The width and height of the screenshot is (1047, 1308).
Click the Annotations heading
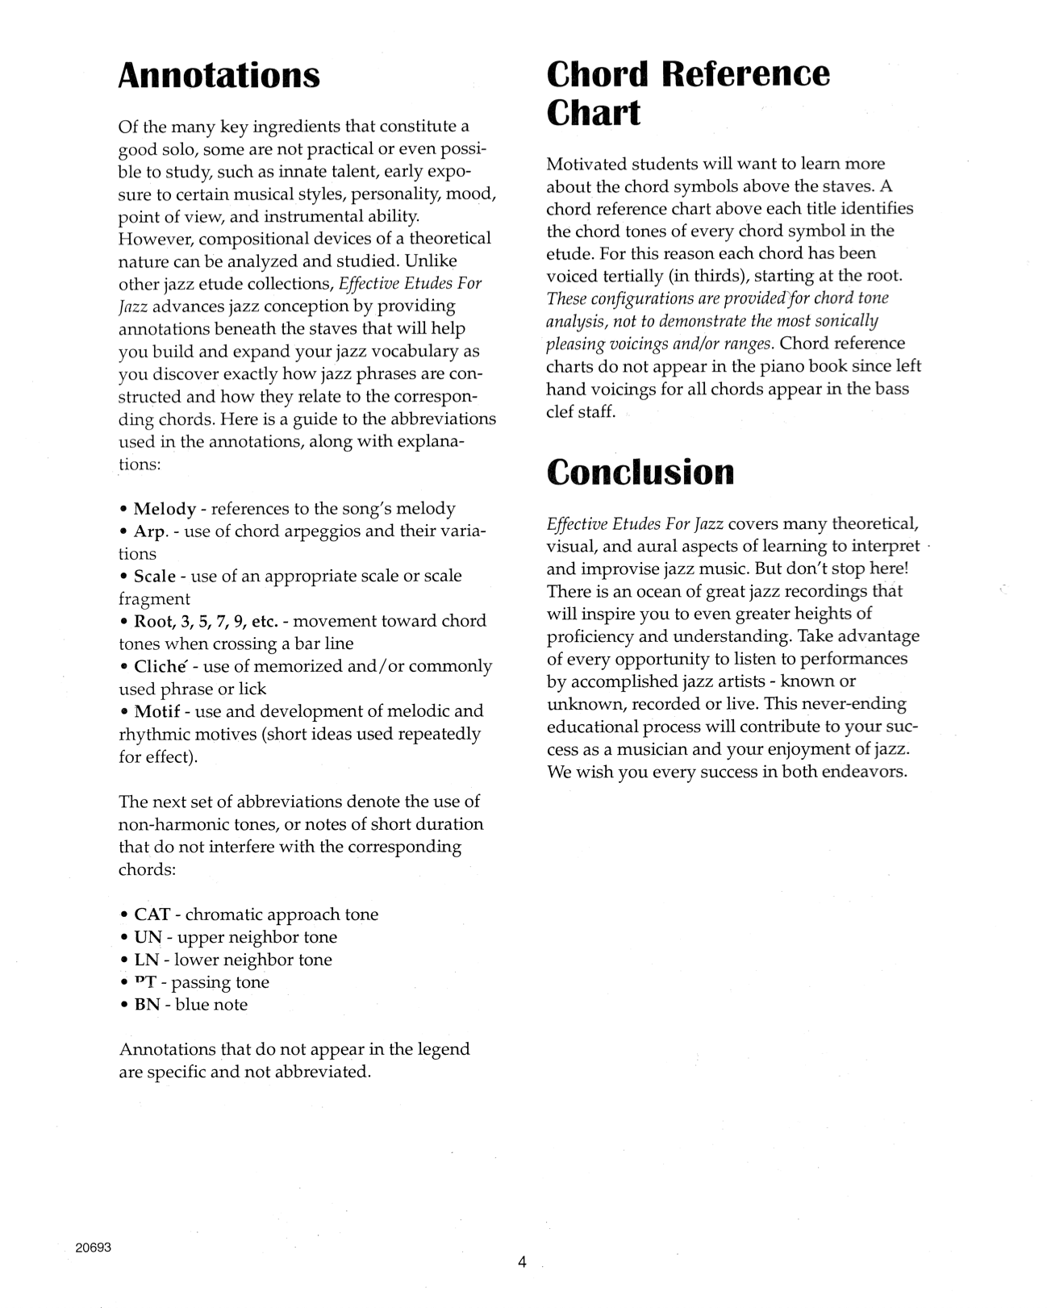click(x=219, y=75)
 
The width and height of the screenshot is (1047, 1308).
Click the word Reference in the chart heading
click(x=745, y=74)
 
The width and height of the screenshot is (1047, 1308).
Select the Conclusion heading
click(x=640, y=472)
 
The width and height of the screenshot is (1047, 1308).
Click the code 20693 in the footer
click(x=91, y=1248)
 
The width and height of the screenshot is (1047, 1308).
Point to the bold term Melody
click(x=165, y=509)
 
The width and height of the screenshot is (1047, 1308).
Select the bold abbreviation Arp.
click(x=150, y=531)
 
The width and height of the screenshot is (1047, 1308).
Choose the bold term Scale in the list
click(x=155, y=576)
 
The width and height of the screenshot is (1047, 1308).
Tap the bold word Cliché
click(x=161, y=666)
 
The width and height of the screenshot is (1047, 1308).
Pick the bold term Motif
click(x=157, y=711)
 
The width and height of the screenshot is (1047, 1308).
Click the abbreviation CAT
click(x=152, y=914)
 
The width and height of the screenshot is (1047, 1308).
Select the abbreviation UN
click(x=148, y=937)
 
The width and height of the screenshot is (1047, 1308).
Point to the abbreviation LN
click(x=147, y=960)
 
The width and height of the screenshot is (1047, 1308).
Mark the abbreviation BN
click(x=148, y=1005)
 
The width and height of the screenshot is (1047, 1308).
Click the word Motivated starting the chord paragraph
click(x=588, y=164)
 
